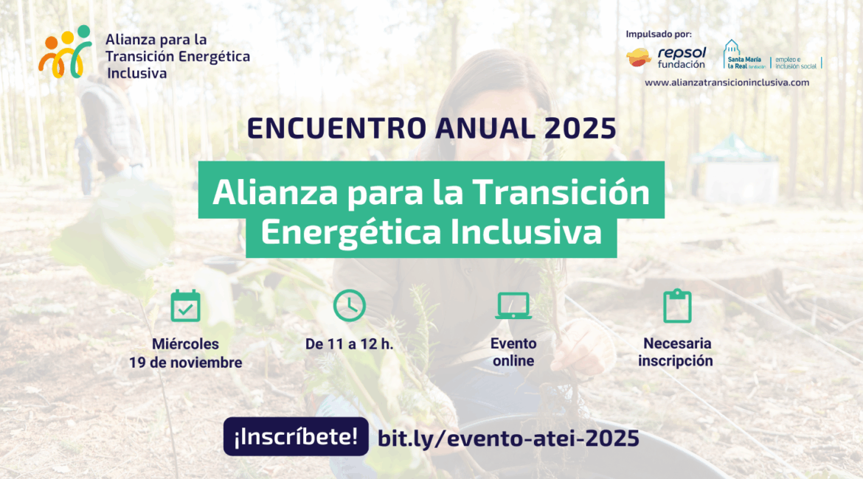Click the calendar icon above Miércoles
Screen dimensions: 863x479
tap(185, 305)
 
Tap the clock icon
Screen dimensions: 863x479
tap(350, 305)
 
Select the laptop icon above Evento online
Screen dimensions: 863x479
tap(513, 306)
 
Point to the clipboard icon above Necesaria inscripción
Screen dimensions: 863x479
tap(677, 306)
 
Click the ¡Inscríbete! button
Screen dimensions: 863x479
tap(296, 437)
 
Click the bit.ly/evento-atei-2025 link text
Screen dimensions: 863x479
tap(508, 438)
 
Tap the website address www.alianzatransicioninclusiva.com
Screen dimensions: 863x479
tap(727, 83)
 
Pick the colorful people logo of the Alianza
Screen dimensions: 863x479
tap(65, 52)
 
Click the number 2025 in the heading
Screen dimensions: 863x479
tap(580, 129)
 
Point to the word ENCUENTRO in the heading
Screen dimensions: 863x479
tap(336, 129)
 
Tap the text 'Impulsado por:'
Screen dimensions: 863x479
tap(659, 34)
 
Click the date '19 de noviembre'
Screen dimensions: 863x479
tap(185, 363)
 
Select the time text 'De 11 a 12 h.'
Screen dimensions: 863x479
tap(350, 344)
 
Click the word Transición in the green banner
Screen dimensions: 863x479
tap(561, 192)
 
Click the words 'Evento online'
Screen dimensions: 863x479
tap(513, 352)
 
